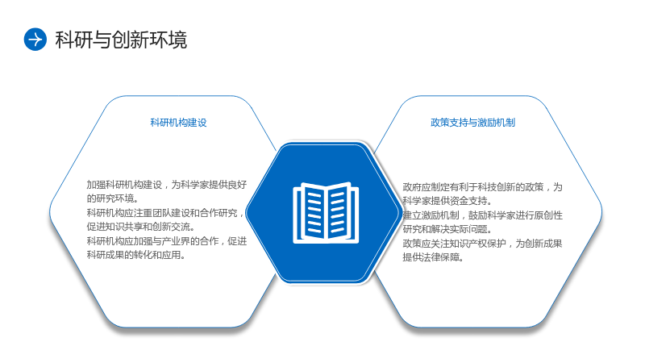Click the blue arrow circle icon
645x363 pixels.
tap(35, 40)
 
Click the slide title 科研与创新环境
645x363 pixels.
tap(121, 40)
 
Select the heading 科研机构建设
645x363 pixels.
tap(178, 123)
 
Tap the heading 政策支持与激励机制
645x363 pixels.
tap(472, 123)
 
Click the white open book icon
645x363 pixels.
tap(326, 212)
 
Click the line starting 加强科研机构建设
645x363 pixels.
tap(167, 185)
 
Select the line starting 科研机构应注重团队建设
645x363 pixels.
tap(165, 213)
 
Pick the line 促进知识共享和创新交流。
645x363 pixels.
tap(140, 227)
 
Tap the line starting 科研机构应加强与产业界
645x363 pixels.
tap(167, 240)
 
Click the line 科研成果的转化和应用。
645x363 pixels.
tap(136, 255)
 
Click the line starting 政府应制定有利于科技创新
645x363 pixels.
tap(482, 187)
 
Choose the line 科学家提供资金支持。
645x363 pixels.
tap(447, 201)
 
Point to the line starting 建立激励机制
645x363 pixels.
tap(482, 215)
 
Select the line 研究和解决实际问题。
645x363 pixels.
tap(447, 229)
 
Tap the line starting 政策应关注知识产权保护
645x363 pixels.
tap(482, 244)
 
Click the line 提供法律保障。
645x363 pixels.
tap(433, 257)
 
